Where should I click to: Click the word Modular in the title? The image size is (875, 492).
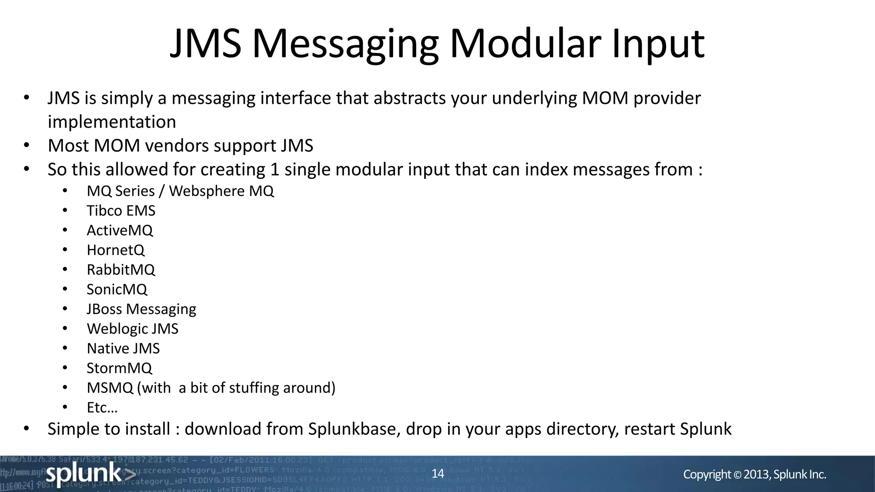[525, 44]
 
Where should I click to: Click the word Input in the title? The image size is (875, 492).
[658, 44]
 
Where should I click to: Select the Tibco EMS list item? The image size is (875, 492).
[121, 211]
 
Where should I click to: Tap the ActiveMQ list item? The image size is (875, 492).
[120, 230]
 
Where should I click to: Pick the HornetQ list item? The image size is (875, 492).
[115, 250]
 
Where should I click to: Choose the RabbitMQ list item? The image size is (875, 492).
[121, 269]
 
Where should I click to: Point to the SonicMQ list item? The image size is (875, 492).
[117, 289]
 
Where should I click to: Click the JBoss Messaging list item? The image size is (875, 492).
[141, 309]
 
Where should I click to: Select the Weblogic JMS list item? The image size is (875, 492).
[132, 328]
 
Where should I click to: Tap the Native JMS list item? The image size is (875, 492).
[123, 348]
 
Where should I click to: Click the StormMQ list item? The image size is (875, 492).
[119, 368]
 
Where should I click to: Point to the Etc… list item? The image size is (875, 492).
[102, 407]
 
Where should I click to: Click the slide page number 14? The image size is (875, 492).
[438, 473]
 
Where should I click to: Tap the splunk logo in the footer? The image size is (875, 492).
[90, 474]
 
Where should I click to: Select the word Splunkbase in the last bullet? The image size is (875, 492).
[354, 429]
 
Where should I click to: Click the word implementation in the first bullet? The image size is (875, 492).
[112, 122]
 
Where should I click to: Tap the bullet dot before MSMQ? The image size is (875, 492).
[65, 387]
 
